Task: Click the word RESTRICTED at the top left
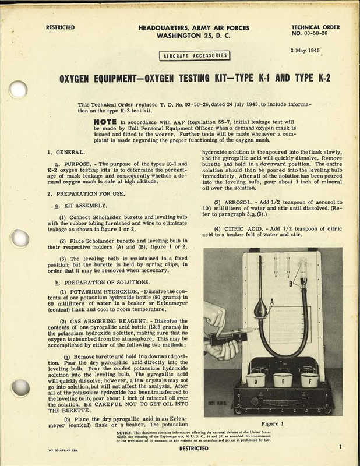tap(60, 27)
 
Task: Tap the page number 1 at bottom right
tap(339, 446)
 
